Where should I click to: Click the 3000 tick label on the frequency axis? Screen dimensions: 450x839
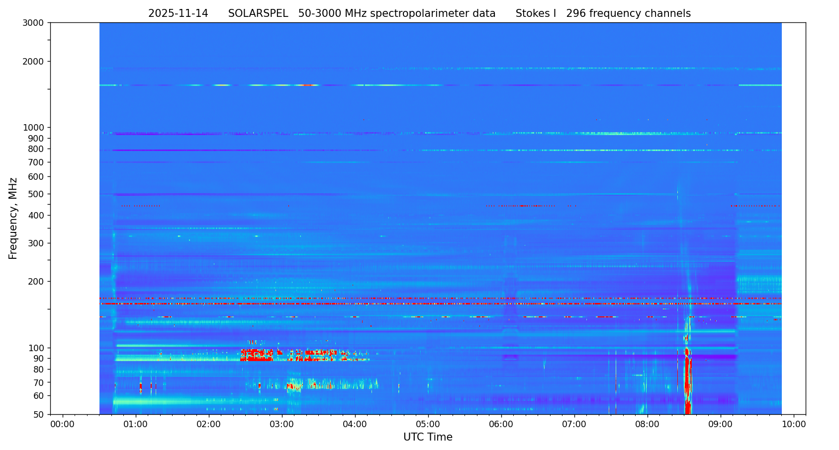[x=33, y=23]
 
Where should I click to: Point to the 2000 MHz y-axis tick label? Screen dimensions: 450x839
[x=33, y=62]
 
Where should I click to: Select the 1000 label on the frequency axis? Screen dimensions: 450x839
[x=33, y=128]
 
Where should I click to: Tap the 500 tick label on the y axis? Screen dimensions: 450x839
[x=36, y=194]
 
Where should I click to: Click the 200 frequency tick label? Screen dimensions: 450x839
[x=36, y=282]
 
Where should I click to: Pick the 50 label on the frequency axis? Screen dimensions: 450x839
[x=38, y=415]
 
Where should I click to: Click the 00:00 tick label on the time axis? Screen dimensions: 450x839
[x=63, y=425]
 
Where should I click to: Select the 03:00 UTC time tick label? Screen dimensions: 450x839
[x=282, y=425]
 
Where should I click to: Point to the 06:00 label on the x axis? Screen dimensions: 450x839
[x=501, y=425]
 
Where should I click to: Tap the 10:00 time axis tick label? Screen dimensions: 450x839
[x=794, y=425]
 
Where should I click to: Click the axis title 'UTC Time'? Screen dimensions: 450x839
[x=428, y=438]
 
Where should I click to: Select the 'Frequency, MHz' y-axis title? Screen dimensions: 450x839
[x=13, y=218]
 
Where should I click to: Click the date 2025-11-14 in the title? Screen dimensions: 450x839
[x=178, y=14]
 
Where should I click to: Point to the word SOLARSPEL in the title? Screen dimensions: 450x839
[x=258, y=14]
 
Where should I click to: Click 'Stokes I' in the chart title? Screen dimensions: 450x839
[x=536, y=14]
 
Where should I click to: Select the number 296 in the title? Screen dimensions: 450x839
[x=576, y=14]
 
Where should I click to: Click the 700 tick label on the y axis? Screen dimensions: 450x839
[x=36, y=162]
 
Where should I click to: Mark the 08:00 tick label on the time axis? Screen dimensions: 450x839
[x=648, y=425]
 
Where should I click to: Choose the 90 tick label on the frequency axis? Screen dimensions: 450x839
[x=38, y=359]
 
